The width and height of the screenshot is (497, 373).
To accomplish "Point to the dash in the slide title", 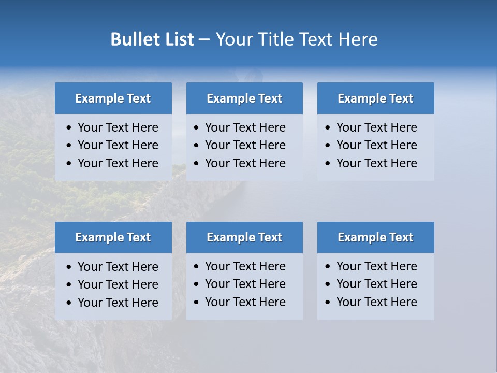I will (204, 40).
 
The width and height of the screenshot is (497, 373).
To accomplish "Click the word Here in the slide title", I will (358, 39).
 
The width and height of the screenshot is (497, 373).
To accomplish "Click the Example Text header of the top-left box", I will (113, 98).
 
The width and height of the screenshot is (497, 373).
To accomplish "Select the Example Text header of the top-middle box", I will (244, 98).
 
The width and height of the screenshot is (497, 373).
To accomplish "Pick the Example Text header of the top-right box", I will (375, 98).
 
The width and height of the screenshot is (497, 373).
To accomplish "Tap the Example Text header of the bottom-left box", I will (113, 237).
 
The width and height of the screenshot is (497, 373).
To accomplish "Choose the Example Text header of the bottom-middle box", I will (244, 237).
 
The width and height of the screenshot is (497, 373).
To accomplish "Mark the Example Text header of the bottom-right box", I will (375, 237).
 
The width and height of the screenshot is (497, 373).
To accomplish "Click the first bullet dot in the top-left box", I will (69, 128).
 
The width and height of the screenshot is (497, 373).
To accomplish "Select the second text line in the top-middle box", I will (245, 145).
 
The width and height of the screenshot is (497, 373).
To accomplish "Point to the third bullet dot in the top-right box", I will (328, 164).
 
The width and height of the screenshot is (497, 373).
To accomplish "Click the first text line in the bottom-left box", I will (118, 267).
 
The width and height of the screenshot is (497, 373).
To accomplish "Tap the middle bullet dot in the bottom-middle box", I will (197, 284).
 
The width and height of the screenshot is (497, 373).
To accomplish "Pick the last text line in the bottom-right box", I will (376, 302).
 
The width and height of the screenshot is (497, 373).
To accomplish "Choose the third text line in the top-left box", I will (118, 163).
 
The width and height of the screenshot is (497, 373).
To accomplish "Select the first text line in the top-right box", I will (376, 127).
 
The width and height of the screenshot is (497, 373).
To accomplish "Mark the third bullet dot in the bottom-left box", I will (69, 303).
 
